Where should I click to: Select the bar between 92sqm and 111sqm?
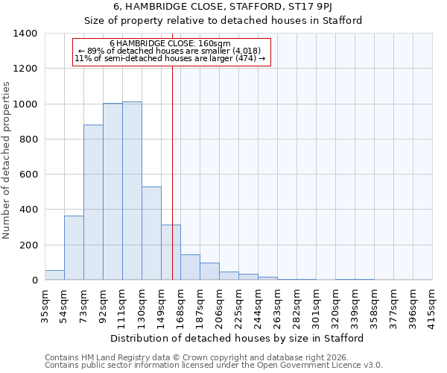(112, 192)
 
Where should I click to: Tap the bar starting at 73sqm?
(93, 202)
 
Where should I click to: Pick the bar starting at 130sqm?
(151, 233)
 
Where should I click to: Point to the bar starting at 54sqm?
(74, 248)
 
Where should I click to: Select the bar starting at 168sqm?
(190, 267)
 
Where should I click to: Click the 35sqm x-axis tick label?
(45, 305)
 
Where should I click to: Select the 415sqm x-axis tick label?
(432, 305)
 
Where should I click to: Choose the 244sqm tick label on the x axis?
(258, 305)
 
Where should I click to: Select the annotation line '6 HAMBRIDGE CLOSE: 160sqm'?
(170, 43)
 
